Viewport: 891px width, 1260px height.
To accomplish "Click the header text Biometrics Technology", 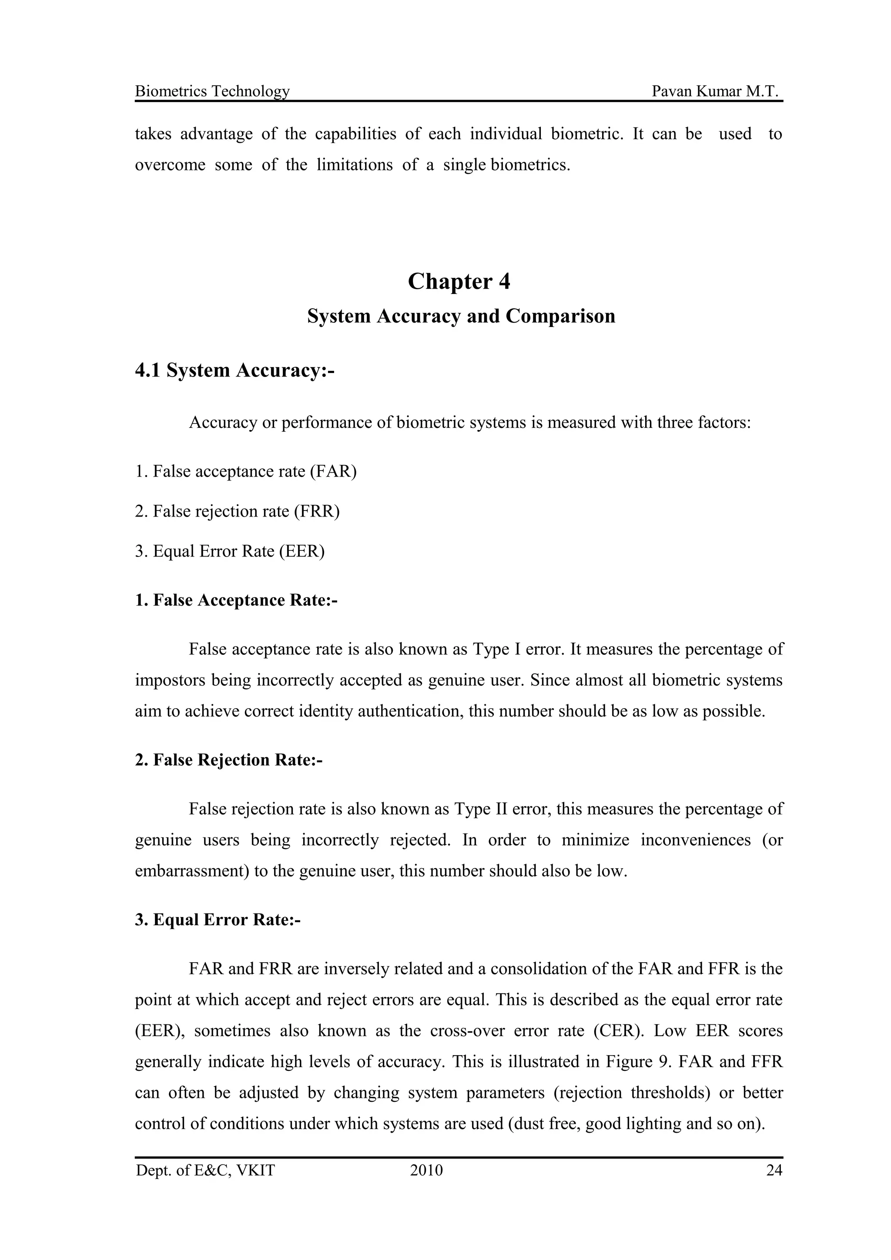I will click(212, 91).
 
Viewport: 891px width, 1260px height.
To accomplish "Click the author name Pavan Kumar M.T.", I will click(715, 91).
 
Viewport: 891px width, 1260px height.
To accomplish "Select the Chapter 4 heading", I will click(459, 282).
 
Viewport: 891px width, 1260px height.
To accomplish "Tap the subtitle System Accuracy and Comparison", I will click(461, 316).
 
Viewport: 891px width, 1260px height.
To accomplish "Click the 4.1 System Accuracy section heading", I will click(234, 370).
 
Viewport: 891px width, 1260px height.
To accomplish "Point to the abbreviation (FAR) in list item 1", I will click(333, 471).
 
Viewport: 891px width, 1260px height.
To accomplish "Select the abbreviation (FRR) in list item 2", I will click(316, 511).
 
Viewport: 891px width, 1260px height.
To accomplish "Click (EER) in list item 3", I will click(301, 551).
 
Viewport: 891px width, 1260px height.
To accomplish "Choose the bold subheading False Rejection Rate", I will click(229, 760).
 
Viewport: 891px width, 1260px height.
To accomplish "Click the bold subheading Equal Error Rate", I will click(218, 920).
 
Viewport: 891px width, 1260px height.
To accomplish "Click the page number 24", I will click(774, 1171).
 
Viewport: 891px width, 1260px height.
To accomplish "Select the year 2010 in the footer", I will click(426, 1171).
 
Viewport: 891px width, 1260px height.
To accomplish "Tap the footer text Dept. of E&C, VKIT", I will click(205, 1171).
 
